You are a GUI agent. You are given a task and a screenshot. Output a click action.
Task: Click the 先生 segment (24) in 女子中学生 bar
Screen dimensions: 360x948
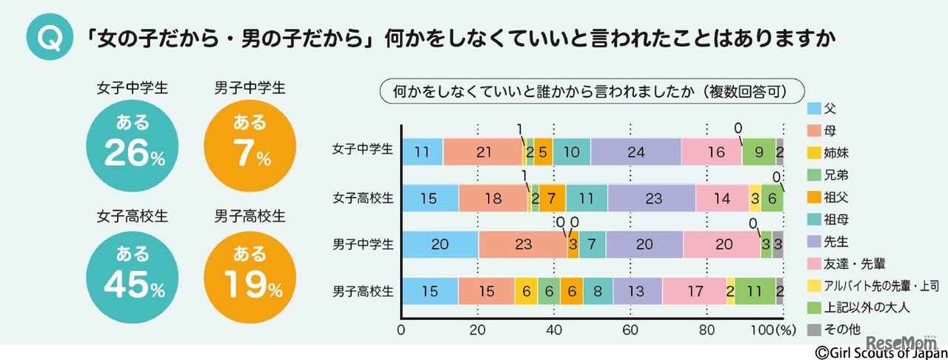click(x=635, y=152)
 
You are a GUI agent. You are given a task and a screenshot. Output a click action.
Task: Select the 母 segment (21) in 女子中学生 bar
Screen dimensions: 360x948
click(x=483, y=152)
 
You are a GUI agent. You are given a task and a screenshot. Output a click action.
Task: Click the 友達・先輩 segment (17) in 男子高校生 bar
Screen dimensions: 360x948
click(x=694, y=291)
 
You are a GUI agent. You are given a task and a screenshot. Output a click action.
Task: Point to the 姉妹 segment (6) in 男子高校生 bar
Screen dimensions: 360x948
click(x=526, y=291)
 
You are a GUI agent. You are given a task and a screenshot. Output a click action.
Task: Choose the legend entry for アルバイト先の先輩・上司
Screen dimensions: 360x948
click(x=870, y=284)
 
